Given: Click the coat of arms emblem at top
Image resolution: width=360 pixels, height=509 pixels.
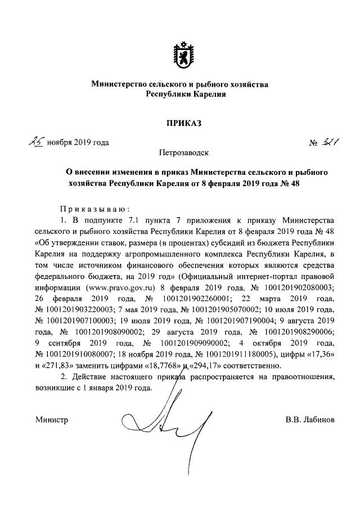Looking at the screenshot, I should (x=179, y=53).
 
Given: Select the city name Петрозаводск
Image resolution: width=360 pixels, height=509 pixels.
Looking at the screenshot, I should (x=179, y=152).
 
